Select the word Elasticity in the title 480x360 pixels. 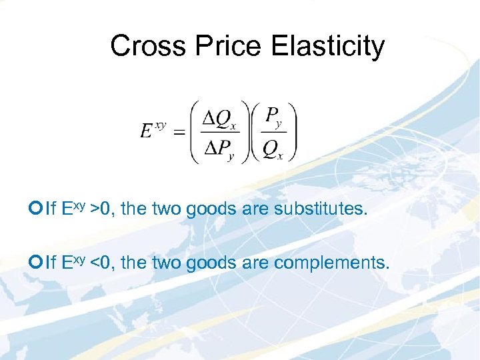(x=329, y=46)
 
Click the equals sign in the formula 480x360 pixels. (x=179, y=133)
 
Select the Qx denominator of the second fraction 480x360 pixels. (x=272, y=151)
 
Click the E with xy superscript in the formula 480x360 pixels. (x=153, y=129)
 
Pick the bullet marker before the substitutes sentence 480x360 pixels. (x=38, y=209)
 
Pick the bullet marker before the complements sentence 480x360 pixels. (x=38, y=263)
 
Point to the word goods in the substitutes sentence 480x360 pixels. (x=211, y=209)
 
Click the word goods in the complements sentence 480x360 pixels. (x=211, y=263)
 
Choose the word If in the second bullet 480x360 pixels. (x=51, y=263)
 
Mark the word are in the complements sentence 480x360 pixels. (x=254, y=263)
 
